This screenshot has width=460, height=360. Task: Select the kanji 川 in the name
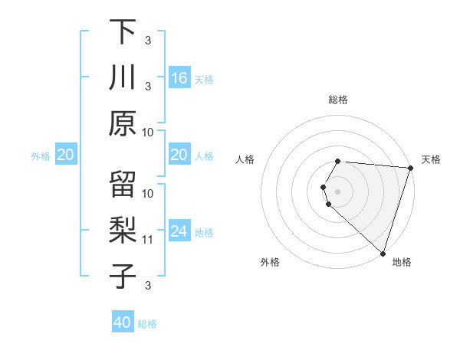(123, 77)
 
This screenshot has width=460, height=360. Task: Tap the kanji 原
(123, 123)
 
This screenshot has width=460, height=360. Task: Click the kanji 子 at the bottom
(123, 277)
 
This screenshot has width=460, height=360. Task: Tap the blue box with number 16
(179, 77)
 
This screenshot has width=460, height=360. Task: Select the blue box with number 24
(179, 231)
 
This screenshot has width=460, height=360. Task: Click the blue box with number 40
(123, 322)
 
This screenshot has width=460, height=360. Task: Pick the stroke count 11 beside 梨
(148, 240)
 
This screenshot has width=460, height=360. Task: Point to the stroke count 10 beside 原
(148, 132)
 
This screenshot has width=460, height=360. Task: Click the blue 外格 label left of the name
(41, 155)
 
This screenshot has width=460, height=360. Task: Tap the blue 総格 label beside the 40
(147, 324)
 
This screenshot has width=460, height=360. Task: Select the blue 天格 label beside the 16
(203, 79)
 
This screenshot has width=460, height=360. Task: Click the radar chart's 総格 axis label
(338, 100)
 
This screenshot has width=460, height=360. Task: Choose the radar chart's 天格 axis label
(431, 159)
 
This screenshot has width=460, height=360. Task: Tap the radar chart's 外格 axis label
(270, 262)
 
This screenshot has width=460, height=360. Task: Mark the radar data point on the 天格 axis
(410, 168)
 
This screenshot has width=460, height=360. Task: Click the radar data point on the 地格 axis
(383, 253)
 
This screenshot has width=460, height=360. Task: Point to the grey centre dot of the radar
(338, 191)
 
